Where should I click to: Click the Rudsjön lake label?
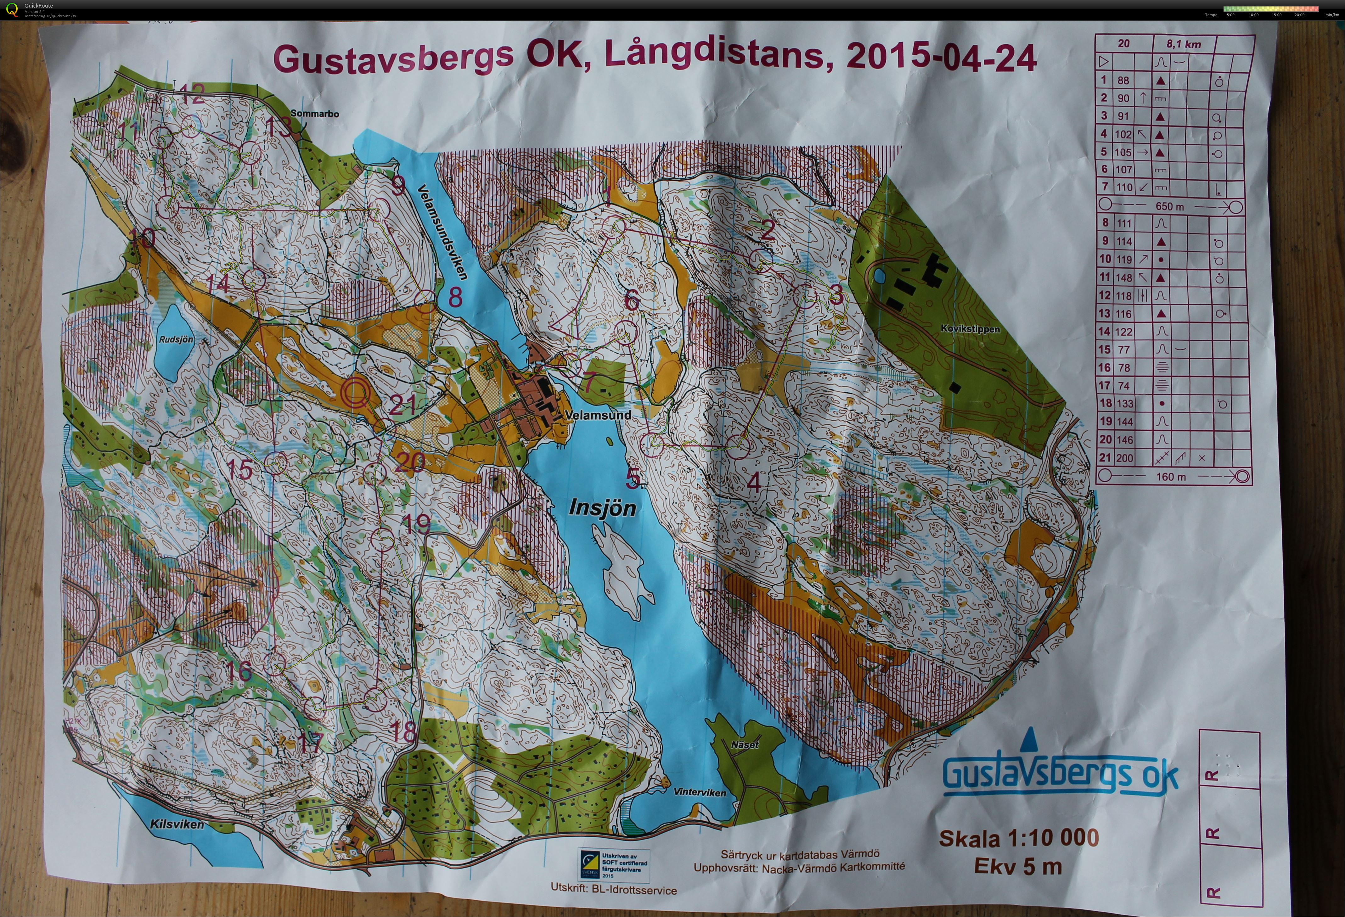[x=176, y=340]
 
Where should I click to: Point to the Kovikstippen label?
[x=970, y=329]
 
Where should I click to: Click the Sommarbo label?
[x=315, y=113]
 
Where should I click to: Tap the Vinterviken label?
[x=700, y=792]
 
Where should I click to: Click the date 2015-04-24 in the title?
[x=940, y=58]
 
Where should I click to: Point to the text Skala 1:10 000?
[x=1019, y=838]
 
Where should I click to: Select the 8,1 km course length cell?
[x=1184, y=44]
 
